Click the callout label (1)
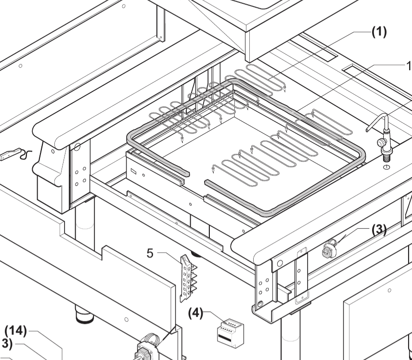378,33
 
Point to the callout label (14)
15,332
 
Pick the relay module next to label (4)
229,331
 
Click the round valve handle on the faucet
381,142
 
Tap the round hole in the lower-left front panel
126,320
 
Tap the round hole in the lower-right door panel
389,290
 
